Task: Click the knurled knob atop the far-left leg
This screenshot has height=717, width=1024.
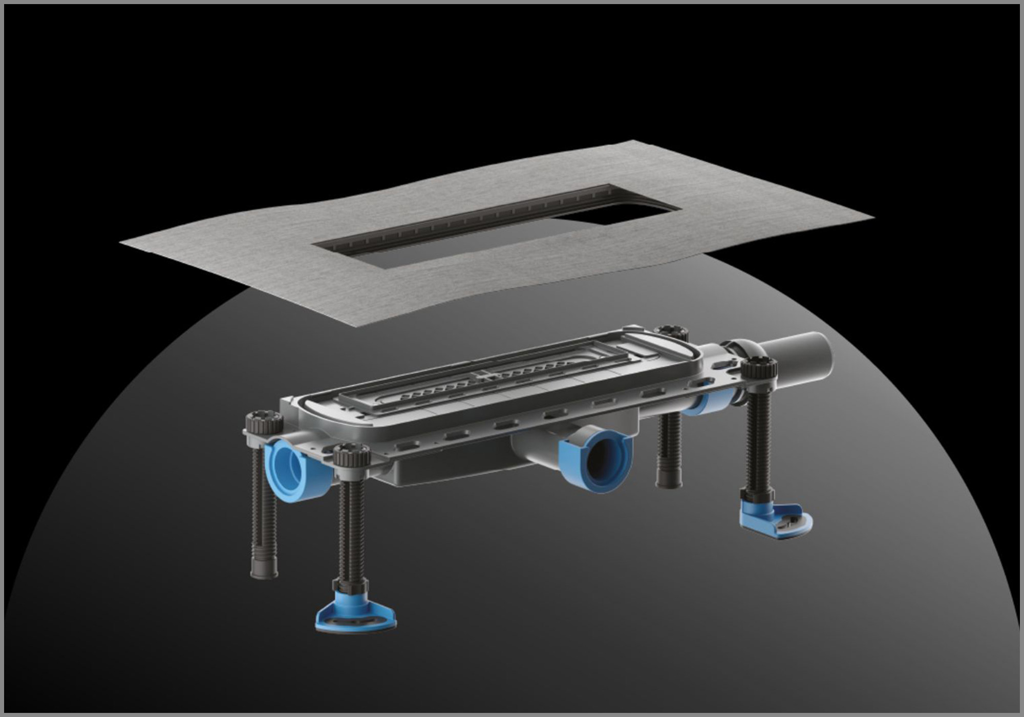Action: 264,423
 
